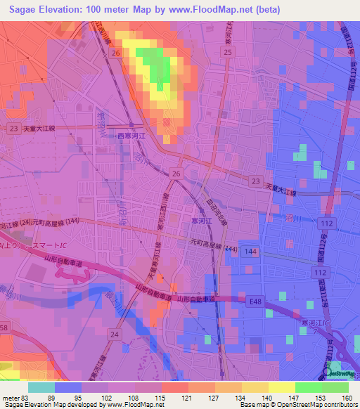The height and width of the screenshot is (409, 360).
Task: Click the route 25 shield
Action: (227, 53)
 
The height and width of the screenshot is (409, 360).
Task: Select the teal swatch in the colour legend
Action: (41, 387)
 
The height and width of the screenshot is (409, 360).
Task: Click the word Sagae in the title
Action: (19, 10)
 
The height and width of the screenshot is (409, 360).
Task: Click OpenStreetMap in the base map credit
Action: (290, 405)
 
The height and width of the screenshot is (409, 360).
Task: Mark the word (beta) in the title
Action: (267, 10)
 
